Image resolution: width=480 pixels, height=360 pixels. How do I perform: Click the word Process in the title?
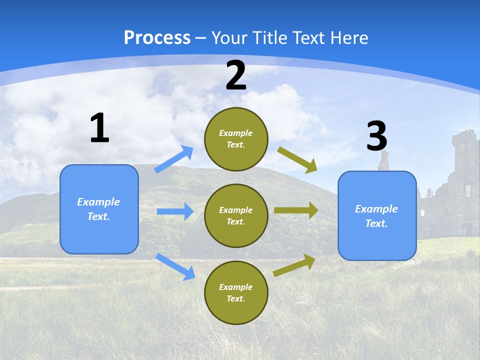tap(157, 37)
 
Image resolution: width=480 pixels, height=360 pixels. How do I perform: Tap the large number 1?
tap(99, 128)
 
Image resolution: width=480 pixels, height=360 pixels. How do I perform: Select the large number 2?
tap(236, 75)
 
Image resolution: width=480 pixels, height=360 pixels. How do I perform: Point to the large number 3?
tap(376, 136)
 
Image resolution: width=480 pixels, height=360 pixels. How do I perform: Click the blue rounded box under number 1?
tap(99, 209)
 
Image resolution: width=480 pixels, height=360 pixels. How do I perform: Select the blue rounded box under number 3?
tap(377, 215)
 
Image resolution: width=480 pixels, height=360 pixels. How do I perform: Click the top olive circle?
tap(236, 139)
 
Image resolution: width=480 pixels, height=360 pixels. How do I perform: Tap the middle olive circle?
tap(236, 215)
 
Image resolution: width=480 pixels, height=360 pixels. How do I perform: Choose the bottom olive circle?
tap(236, 292)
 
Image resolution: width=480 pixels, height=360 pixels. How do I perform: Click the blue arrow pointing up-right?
tap(174, 159)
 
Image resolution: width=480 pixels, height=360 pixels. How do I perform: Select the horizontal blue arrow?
tap(175, 211)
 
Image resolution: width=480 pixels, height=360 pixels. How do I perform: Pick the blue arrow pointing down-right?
tap(175, 266)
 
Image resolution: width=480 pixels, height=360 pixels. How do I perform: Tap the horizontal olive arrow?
tap(296, 210)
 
